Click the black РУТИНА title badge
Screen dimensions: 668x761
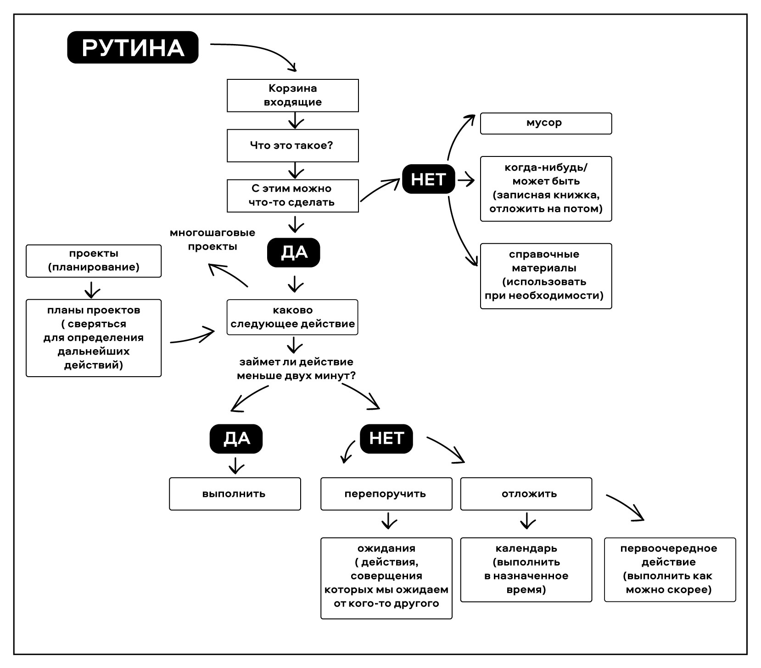[x=133, y=47]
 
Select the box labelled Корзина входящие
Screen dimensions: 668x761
[x=292, y=95]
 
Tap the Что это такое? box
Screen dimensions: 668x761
[x=292, y=145]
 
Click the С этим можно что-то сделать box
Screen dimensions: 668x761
[x=292, y=196]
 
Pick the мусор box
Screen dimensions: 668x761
[x=546, y=123]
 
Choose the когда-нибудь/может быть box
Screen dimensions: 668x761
[x=546, y=189]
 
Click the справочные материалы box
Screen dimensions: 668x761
[x=546, y=276]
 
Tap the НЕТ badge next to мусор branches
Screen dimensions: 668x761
[x=428, y=179]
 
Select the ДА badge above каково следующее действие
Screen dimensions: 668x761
[x=293, y=252]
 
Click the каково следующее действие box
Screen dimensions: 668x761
[x=292, y=317]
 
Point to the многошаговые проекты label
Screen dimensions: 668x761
[x=213, y=239]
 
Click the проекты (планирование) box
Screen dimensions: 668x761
[x=94, y=261]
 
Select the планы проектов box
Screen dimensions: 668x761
[x=94, y=338]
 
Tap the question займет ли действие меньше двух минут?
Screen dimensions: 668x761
[x=296, y=369]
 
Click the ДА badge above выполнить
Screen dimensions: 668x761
[x=236, y=439]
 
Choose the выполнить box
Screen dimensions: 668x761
[x=235, y=494]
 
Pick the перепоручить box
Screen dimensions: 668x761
[x=386, y=494]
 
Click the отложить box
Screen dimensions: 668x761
[x=526, y=494]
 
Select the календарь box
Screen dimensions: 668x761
[x=526, y=569]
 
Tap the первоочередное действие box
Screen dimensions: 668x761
[x=670, y=569]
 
